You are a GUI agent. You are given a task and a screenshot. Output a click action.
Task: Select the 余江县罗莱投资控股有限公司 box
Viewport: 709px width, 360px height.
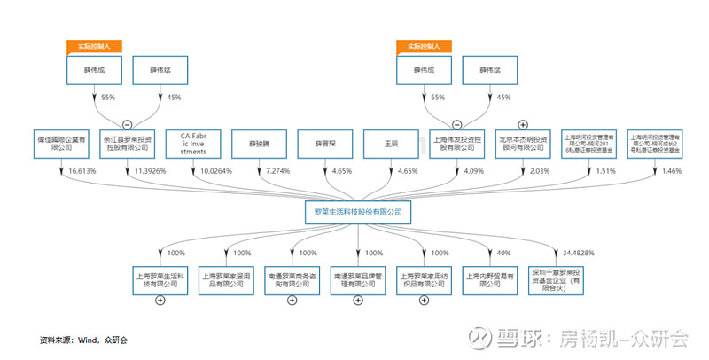pos(127,145)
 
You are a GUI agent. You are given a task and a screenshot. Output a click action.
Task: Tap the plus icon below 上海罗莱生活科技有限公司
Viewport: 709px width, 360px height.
pos(160,301)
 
